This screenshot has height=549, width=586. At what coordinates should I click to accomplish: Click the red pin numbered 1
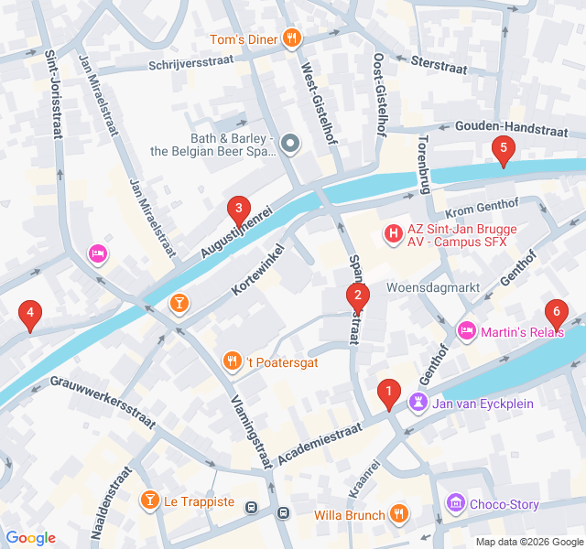click(x=388, y=393)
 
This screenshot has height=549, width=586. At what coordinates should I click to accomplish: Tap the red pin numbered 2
click(x=356, y=295)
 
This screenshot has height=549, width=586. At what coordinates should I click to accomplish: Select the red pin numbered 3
click(x=239, y=210)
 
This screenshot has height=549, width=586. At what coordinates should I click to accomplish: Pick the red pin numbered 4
click(x=30, y=315)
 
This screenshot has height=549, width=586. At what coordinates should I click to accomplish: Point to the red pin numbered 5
click(x=502, y=148)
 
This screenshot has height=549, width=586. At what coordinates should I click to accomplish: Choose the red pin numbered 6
click(x=555, y=312)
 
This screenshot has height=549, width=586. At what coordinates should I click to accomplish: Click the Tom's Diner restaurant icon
click(x=290, y=38)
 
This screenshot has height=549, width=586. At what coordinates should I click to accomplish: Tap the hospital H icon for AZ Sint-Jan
click(x=394, y=234)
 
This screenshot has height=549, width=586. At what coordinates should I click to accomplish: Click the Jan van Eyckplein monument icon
click(x=419, y=402)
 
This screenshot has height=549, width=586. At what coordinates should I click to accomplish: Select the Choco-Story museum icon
click(x=455, y=503)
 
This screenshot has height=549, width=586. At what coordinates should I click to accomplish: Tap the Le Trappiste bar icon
click(x=149, y=501)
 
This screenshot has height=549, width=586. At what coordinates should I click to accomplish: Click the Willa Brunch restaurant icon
click(x=397, y=514)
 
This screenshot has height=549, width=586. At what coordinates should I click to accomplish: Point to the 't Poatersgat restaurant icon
click(x=233, y=361)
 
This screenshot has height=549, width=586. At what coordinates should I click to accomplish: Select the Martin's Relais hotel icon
click(x=466, y=329)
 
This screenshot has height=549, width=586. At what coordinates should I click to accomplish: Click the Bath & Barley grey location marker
click(x=290, y=143)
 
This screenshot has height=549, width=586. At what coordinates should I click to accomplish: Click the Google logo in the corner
click(x=30, y=538)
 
